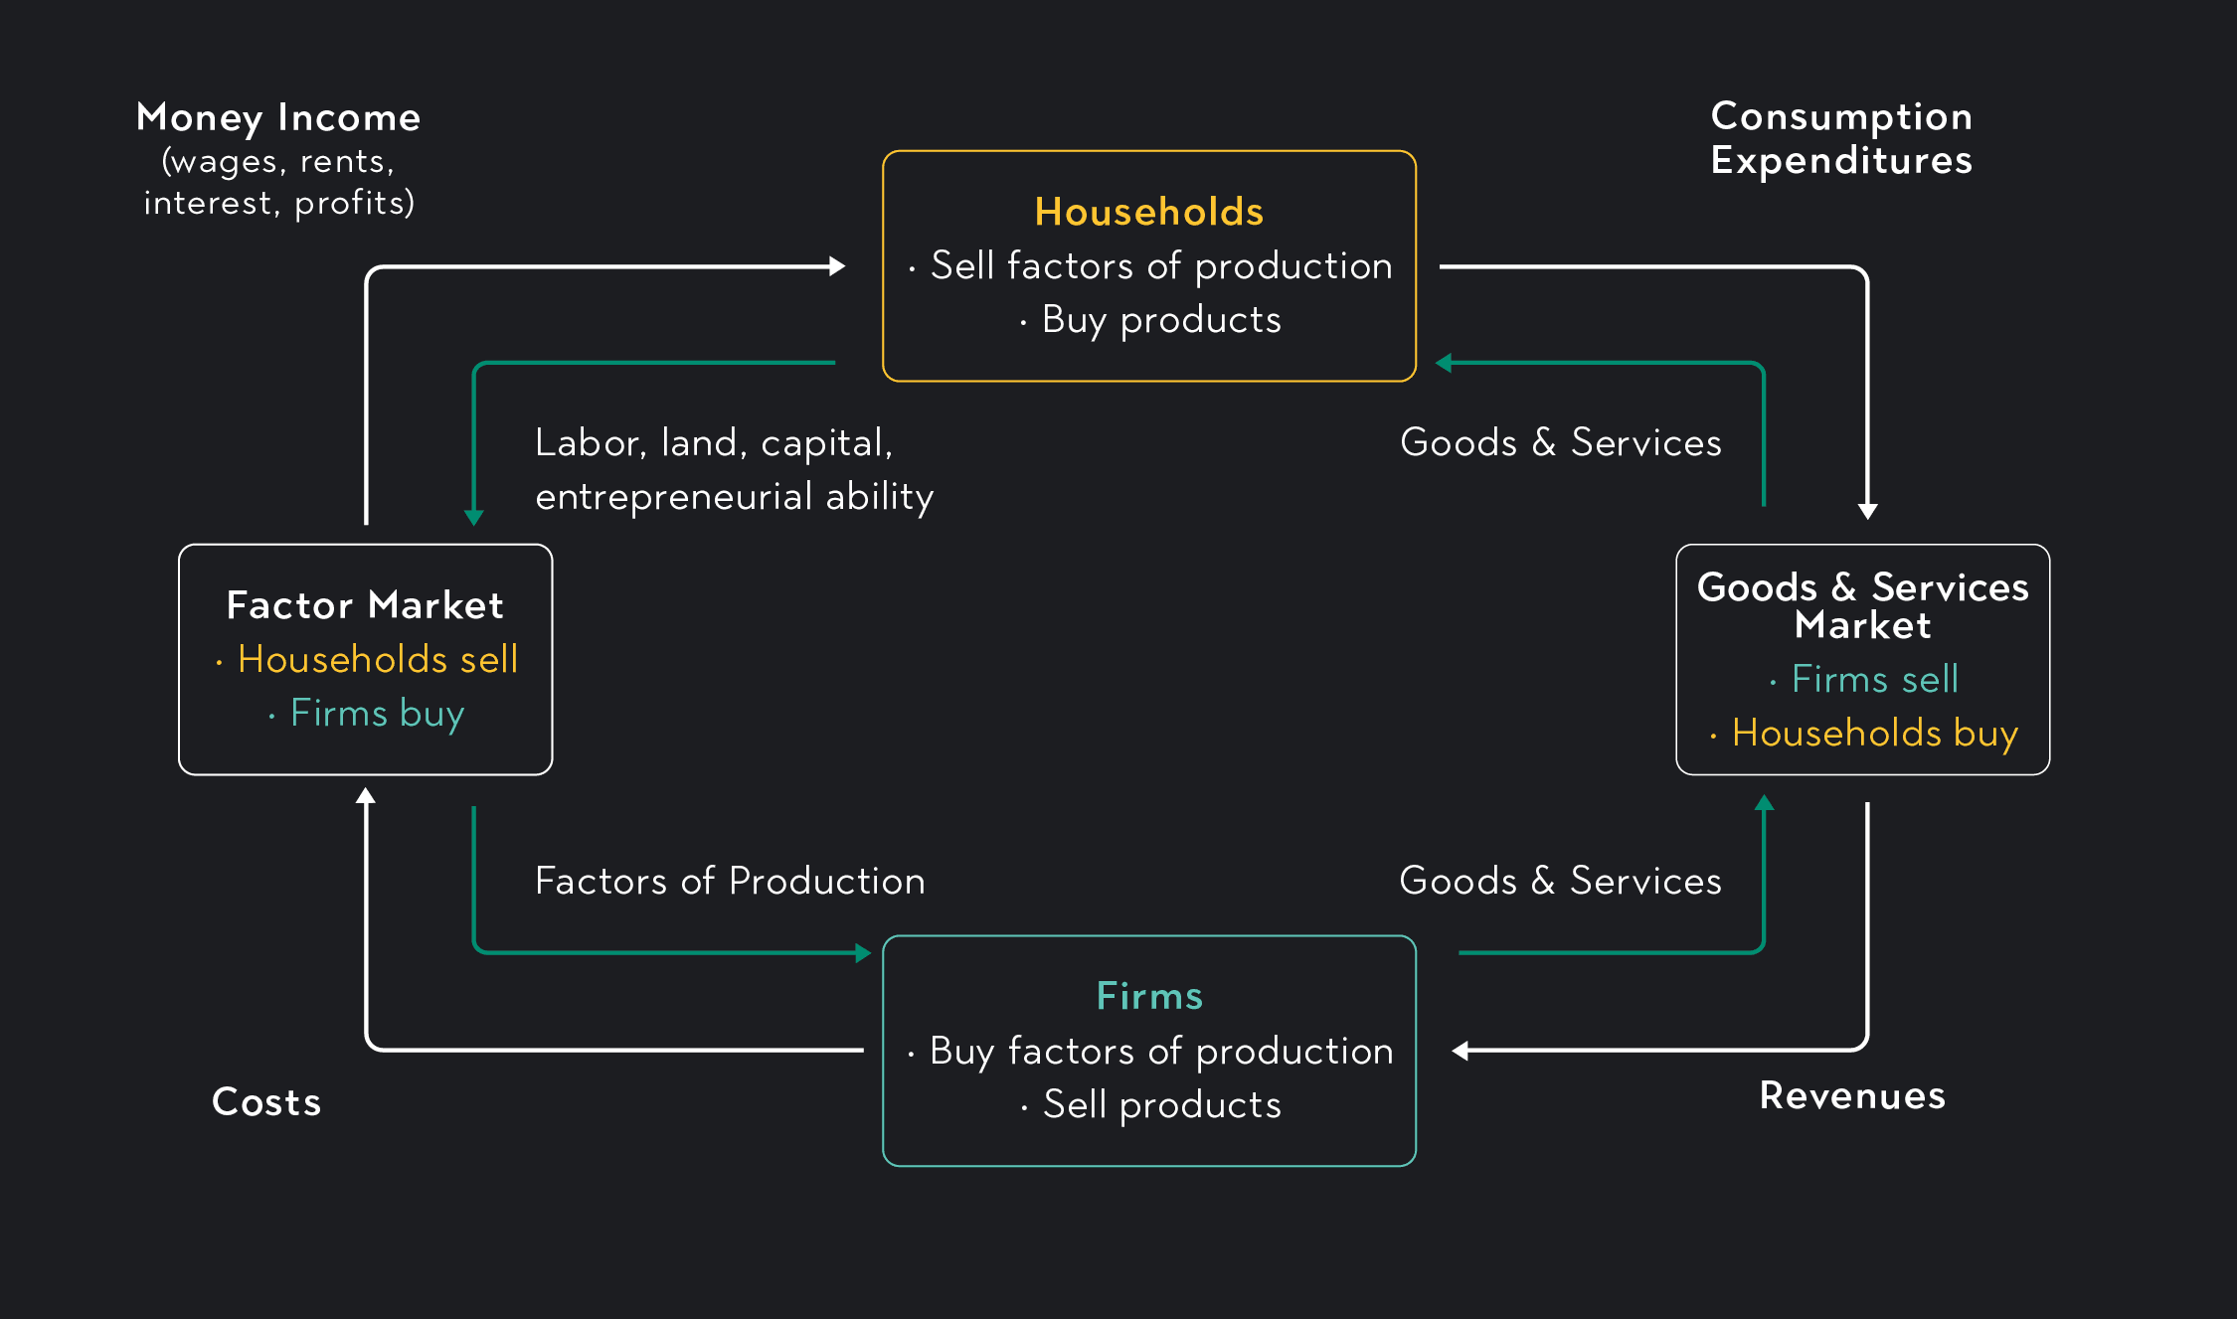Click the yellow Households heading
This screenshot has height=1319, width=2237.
[1148, 212]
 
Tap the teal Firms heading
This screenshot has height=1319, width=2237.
[1149, 996]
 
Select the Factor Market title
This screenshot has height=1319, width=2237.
[365, 605]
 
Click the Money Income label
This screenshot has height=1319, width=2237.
[278, 117]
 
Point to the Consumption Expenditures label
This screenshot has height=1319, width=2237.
[1841, 138]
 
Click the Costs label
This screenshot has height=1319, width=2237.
[266, 1102]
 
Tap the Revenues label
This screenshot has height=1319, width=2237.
[1852, 1095]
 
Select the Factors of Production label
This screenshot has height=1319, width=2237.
[730, 881]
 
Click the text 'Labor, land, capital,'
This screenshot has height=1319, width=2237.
[714, 443]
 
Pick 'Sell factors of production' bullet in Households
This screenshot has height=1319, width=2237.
[1160, 266]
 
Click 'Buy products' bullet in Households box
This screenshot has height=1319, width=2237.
[1160, 320]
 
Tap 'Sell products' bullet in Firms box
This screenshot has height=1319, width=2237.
[1161, 1105]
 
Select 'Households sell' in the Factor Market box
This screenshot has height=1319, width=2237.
[378, 659]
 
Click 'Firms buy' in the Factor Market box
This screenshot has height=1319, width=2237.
[377, 714]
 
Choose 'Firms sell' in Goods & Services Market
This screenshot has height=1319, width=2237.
[1874, 679]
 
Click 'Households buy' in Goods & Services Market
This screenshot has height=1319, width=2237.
[1874, 734]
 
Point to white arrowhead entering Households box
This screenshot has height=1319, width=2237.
[837, 266]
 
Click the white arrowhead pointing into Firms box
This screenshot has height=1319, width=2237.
[1461, 1051]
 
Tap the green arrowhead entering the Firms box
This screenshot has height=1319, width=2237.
[863, 953]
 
